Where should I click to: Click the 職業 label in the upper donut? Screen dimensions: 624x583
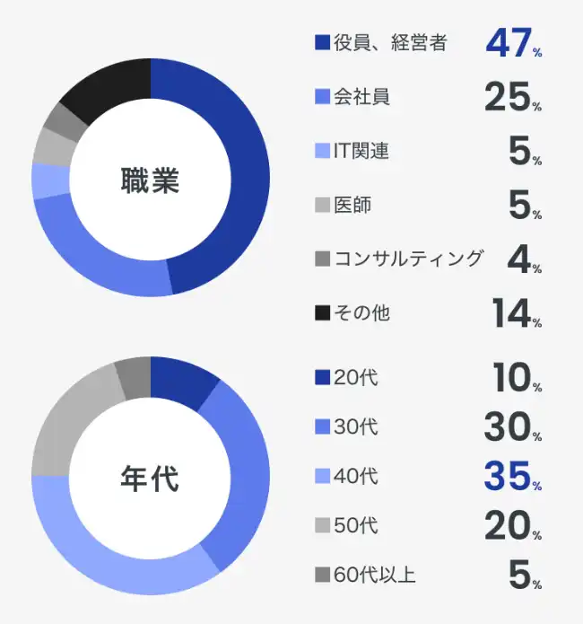[150, 180]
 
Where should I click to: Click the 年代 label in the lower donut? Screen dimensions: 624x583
[150, 479]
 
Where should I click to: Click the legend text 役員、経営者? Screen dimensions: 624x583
[389, 42]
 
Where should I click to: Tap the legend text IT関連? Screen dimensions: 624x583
[361, 151]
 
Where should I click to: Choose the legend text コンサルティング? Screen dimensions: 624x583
[408, 259]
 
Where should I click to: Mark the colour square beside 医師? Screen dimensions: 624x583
[322, 206]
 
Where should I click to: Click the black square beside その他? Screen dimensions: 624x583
[322, 314]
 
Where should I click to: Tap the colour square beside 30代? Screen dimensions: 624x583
[322, 427]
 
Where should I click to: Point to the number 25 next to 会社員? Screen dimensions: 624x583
[508, 97]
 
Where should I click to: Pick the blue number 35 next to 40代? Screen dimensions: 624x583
[508, 477]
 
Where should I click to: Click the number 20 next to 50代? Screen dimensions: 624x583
[508, 526]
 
